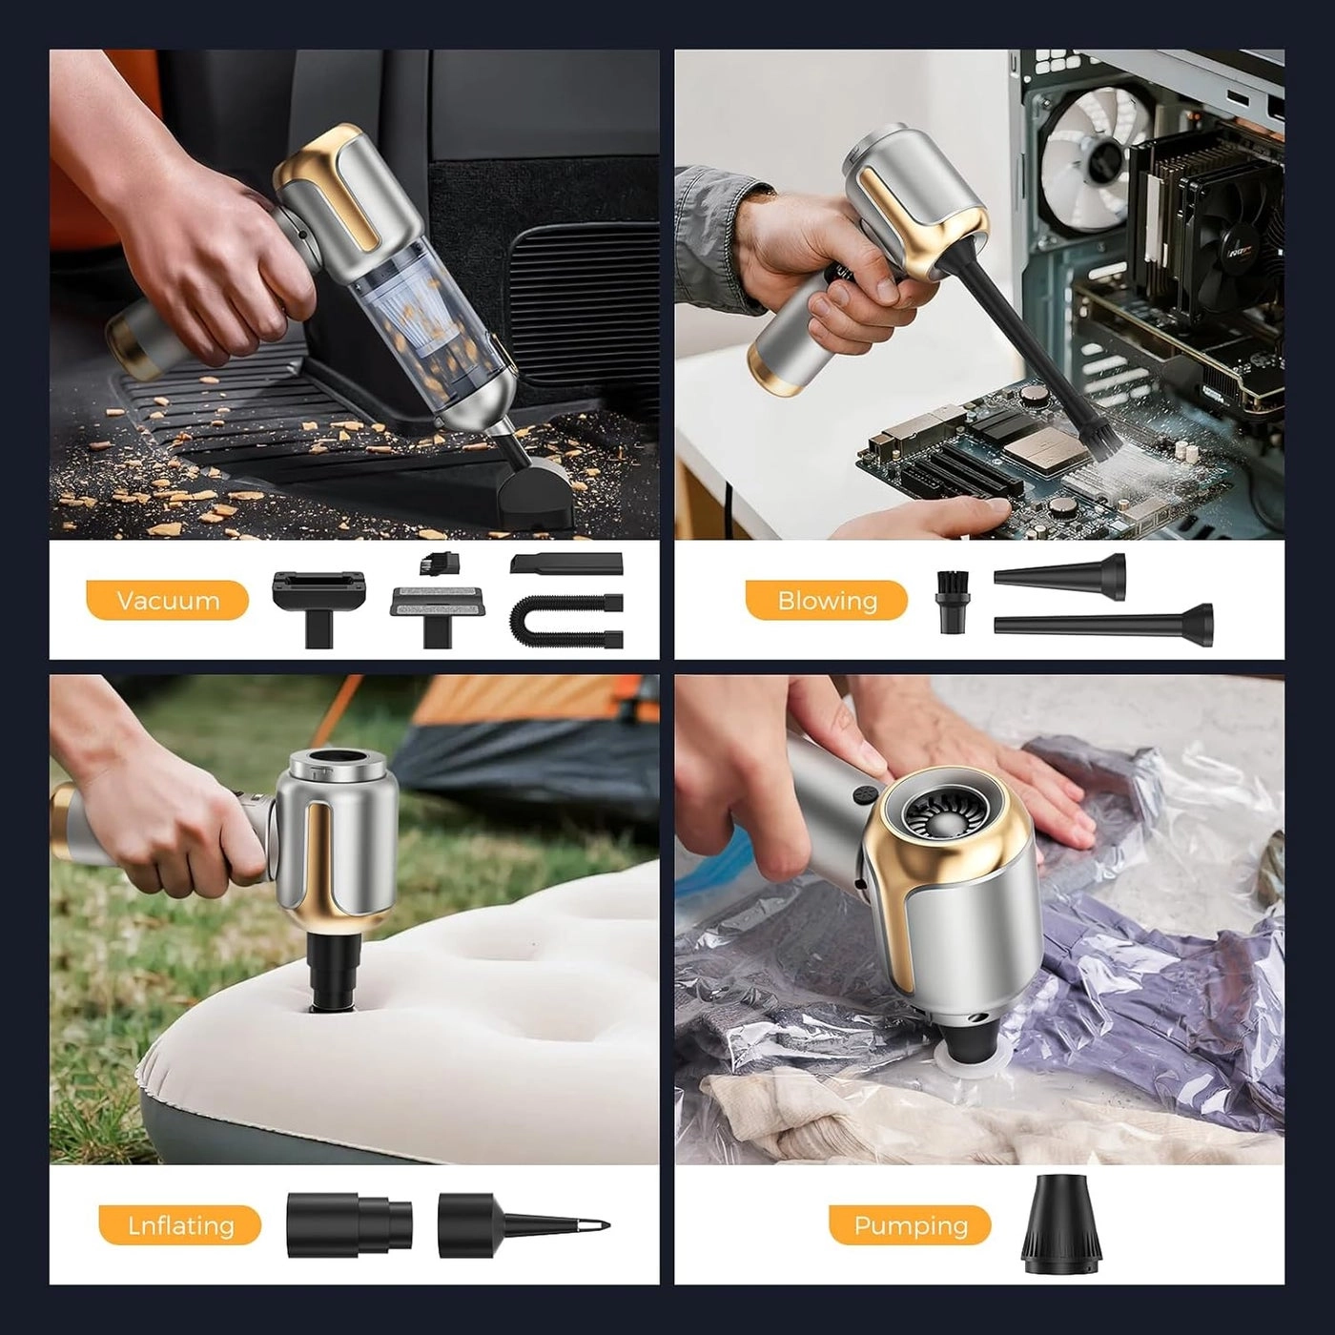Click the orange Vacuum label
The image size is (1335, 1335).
point(168,601)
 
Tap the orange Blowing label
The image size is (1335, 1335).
point(827,601)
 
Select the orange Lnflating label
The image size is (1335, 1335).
point(180,1225)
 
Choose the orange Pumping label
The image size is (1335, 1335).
point(911,1225)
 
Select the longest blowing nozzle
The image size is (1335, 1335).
point(1103,621)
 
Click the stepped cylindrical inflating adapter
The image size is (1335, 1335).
point(349,1225)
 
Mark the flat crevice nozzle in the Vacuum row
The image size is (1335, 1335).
point(566,564)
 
